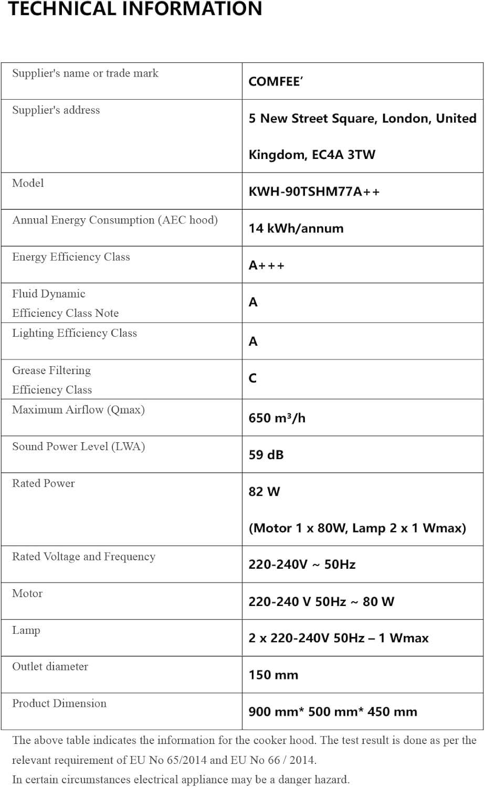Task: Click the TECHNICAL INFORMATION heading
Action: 135,9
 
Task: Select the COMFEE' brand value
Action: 276,82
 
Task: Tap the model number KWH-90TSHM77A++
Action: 314,192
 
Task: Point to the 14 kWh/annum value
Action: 296,228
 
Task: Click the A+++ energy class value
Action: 267,265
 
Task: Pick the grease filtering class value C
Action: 252,378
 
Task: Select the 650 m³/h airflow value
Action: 277,418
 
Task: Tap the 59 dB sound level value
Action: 266,455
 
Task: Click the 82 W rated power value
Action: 264,492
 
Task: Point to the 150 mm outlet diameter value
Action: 273,675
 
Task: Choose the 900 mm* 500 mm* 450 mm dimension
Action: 333,712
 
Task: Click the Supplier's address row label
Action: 56,110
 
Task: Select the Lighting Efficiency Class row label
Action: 75,333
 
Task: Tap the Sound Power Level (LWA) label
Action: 79,446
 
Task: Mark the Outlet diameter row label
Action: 50,666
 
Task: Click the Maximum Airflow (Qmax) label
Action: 79,410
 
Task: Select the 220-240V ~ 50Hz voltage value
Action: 302,565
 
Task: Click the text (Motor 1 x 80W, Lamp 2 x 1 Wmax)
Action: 357,528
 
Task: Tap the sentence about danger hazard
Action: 181,780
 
